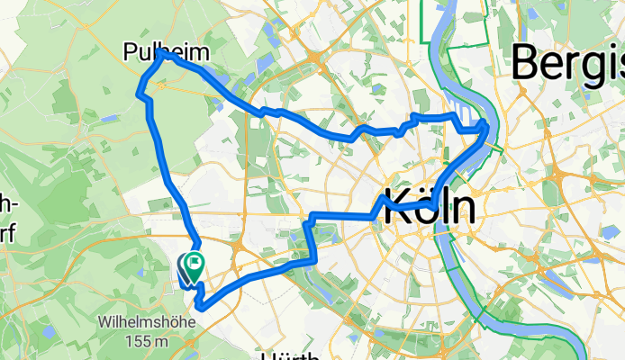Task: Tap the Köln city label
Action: (430, 206)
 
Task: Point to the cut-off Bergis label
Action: (568, 64)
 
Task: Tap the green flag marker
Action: (195, 264)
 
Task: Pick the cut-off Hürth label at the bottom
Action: (288, 355)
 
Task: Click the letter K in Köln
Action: (399, 206)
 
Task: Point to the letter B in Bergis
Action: (527, 64)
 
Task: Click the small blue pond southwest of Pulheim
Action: (109, 118)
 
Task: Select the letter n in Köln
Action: (462, 208)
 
